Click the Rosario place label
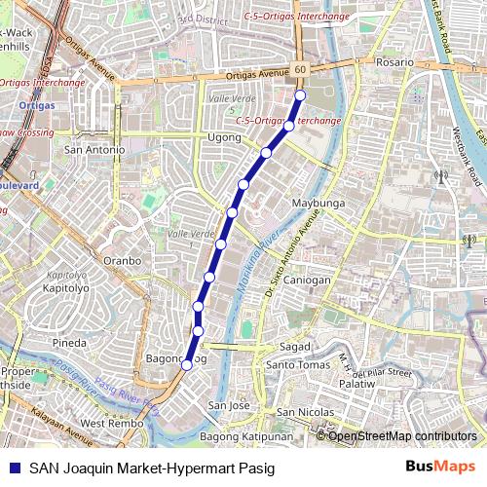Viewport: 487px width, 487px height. (394, 61)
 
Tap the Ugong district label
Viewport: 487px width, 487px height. (224, 138)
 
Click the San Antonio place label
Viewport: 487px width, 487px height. (94, 150)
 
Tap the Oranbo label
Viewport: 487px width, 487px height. (123, 260)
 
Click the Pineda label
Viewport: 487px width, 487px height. (70, 343)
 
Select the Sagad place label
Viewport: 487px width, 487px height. (295, 346)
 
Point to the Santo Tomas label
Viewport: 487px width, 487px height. (298, 365)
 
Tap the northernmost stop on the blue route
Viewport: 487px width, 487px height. (300, 94)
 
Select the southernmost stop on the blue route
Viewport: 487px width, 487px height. (186, 365)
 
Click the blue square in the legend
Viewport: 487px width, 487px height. (14, 468)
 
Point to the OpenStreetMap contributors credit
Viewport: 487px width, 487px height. (401, 436)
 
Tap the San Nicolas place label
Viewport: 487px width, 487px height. (306, 412)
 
